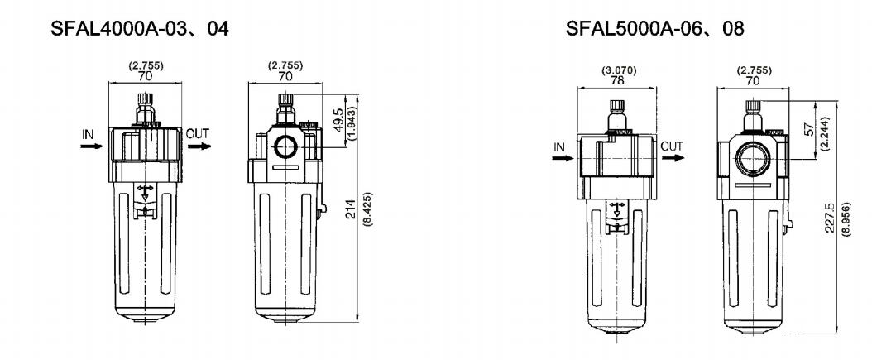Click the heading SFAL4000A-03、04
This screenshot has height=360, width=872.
[140, 28]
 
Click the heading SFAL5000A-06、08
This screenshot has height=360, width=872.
[654, 28]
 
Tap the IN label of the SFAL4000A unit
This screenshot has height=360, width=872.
[89, 134]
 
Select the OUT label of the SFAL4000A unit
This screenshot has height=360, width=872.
[198, 133]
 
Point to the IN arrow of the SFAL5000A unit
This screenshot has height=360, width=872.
[563, 158]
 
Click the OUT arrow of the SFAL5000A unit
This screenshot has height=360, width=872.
[673, 157]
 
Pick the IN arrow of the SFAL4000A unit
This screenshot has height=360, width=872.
[92, 146]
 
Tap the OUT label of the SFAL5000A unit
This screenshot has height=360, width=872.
[672, 146]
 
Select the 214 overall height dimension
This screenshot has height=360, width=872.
[351, 209]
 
